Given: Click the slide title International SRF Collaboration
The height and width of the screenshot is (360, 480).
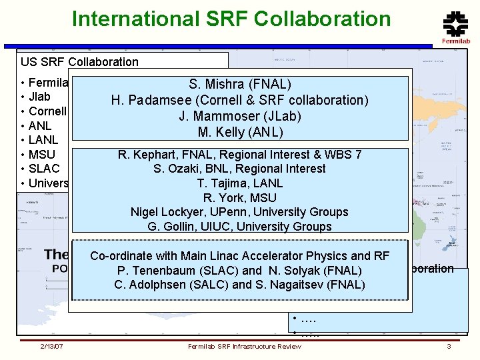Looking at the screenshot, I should (x=231, y=19).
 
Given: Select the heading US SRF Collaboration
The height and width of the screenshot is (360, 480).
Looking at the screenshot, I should (x=79, y=62).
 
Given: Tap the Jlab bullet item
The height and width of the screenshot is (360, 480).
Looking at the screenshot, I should (x=39, y=97).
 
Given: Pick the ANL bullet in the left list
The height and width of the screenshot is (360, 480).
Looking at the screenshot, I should (x=40, y=125).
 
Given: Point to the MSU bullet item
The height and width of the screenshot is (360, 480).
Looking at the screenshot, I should (x=42, y=155).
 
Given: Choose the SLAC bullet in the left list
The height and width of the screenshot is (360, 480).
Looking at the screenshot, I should (x=44, y=169).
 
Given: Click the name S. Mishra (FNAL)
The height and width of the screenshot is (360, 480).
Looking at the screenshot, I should (x=240, y=85).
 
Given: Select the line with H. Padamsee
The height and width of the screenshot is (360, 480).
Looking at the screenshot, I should (x=240, y=100).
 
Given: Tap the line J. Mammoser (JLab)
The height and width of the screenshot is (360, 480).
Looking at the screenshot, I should (x=240, y=116).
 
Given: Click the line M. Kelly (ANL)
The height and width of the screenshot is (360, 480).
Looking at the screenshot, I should (x=240, y=132).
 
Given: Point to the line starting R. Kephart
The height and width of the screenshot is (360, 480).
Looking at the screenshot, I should (x=240, y=155).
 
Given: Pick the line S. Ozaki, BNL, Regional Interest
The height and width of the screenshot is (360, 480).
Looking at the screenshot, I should (x=240, y=169).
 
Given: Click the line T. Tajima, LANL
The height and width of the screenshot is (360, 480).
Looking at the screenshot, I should (x=240, y=183).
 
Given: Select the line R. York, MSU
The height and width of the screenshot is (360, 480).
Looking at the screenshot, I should (x=240, y=197).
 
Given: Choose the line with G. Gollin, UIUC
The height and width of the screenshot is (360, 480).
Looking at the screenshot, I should (x=240, y=227).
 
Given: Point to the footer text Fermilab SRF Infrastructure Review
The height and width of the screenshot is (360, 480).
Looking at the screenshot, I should (x=244, y=347).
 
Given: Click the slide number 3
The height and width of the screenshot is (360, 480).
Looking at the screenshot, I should (x=449, y=347).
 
